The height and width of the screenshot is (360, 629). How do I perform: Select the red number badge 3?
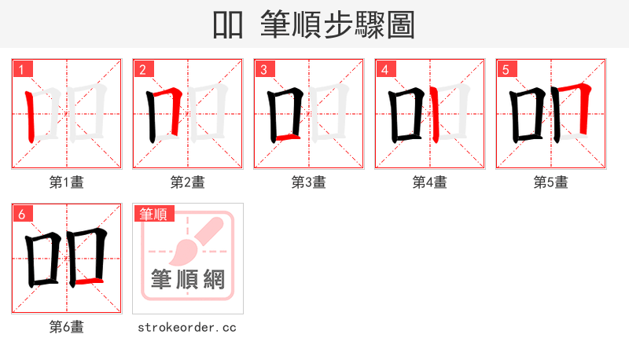pos(264,69)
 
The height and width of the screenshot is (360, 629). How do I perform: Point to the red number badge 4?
pos(385,69)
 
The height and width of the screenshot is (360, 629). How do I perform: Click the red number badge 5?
pos(506,69)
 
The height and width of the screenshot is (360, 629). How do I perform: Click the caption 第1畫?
pos(67,182)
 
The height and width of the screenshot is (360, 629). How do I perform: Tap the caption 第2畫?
pos(188,182)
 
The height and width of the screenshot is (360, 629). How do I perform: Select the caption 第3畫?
pos(309,182)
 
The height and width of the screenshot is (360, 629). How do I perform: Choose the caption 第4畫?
pos(430,182)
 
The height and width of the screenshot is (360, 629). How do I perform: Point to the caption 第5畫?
pos(551,182)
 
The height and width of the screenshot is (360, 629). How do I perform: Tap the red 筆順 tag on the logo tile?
pos(154,214)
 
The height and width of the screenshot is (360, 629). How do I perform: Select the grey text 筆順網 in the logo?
pos(188,279)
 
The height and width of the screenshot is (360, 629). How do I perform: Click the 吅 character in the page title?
pos(227,25)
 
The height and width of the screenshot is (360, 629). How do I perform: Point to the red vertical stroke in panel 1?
pos(31,116)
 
